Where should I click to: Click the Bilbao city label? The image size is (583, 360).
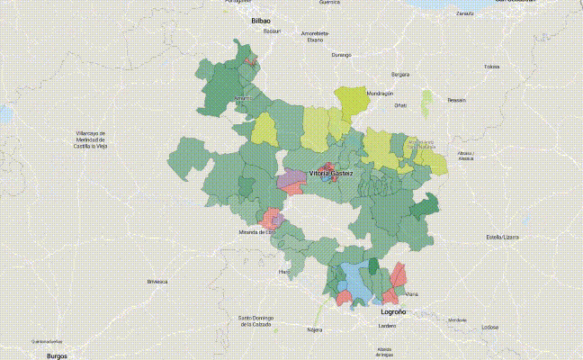coord(262,19)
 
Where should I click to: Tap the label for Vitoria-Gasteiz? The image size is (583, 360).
coord(331,172)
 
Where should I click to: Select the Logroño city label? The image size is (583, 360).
coord(388,311)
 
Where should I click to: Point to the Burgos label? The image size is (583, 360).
coord(58,355)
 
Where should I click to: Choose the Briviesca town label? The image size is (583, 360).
coord(157,282)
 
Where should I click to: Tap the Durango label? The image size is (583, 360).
coord(341,55)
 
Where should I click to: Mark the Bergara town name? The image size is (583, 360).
coord(400,74)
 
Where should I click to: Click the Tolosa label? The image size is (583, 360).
coord(492,67)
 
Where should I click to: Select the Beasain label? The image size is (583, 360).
coord(457,100)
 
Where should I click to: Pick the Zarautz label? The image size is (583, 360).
coord(464,14)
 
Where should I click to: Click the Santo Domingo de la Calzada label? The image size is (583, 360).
coord(258,320)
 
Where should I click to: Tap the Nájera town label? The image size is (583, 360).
coord(314,330)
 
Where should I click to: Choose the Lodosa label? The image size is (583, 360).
coord(489,328)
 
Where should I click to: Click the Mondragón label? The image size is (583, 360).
coord(380,94)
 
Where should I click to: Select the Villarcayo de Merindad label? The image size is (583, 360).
coord(92,139)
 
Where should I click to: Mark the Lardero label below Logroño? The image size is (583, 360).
coord(387,325)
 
